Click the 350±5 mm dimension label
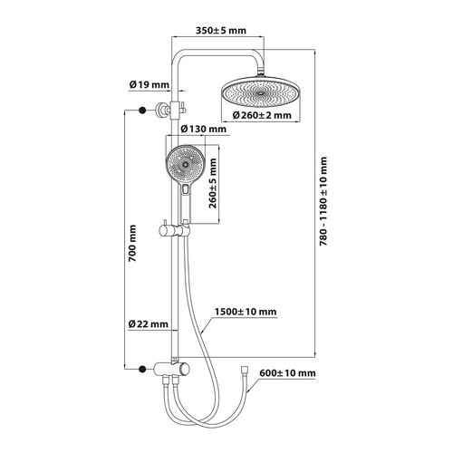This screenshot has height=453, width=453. (x=221, y=31)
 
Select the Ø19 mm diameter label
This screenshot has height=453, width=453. (x=149, y=85)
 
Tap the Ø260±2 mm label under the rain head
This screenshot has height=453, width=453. (x=262, y=115)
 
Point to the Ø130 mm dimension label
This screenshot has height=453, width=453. (x=203, y=130)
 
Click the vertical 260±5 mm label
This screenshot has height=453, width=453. (x=213, y=183)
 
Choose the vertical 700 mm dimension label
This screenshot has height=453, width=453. (x=132, y=243)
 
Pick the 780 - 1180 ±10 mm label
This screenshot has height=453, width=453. (x=323, y=201)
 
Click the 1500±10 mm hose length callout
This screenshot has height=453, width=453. (x=246, y=312)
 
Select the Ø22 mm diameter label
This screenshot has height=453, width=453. (x=148, y=324)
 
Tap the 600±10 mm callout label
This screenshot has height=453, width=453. (x=287, y=373)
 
